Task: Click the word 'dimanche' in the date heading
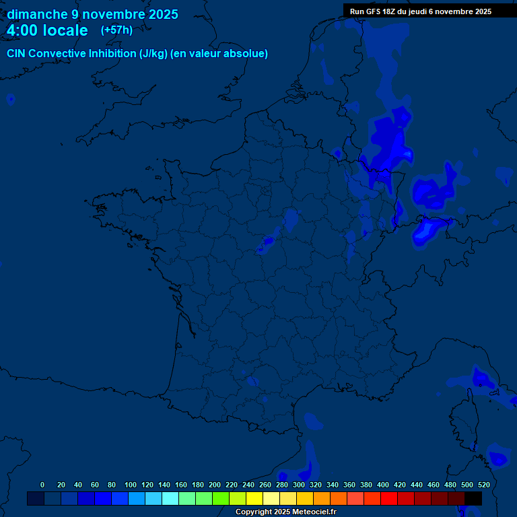click(x=37, y=14)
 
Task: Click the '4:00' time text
click(x=23, y=30)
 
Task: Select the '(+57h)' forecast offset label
click(x=116, y=30)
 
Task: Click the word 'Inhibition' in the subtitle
click(x=112, y=54)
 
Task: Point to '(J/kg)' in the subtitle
click(x=153, y=54)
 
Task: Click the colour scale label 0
click(x=42, y=485)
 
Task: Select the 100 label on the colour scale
click(x=130, y=485)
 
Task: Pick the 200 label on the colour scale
click(x=215, y=485)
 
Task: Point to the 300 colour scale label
click(x=299, y=485)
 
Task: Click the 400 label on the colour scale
click(x=383, y=485)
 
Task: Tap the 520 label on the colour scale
click(x=484, y=485)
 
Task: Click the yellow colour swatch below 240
click(x=254, y=498)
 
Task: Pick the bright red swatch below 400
click(x=389, y=498)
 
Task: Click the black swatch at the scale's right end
click(x=473, y=498)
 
